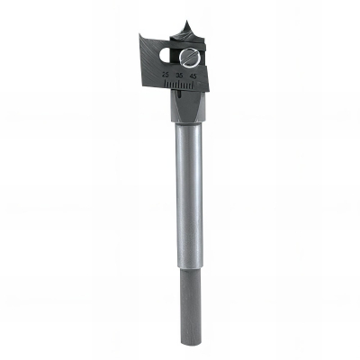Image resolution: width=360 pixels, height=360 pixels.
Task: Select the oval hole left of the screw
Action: click(x=166, y=56)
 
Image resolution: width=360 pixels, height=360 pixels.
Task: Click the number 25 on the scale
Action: click(x=166, y=77)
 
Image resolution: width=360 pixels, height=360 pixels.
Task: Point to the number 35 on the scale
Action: click(x=180, y=77)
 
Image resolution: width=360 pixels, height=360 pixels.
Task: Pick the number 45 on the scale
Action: click(x=193, y=77)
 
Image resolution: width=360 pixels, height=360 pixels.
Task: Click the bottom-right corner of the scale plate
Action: click(x=210, y=90)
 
